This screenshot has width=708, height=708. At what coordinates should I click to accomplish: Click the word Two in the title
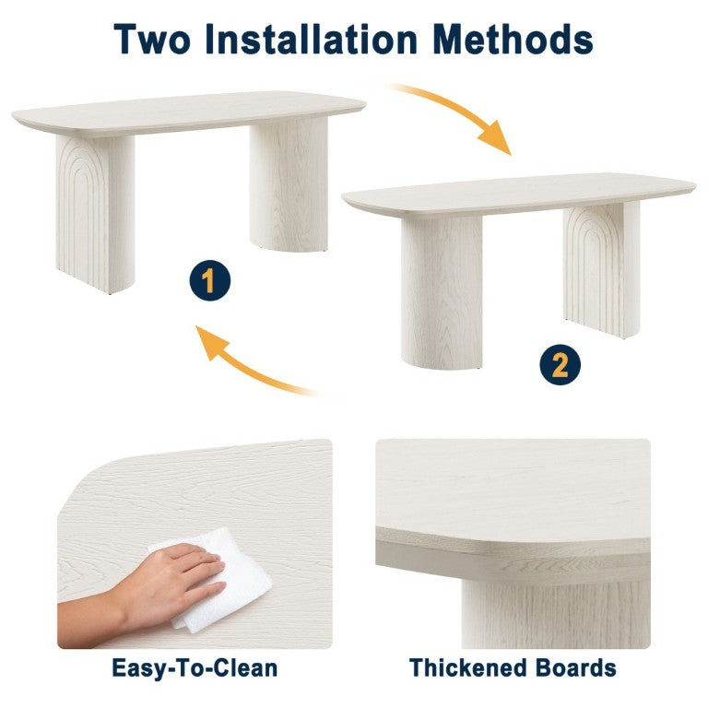click(x=152, y=40)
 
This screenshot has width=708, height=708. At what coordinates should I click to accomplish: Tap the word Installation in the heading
click(x=311, y=39)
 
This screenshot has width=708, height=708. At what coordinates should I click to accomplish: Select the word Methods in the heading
click(x=513, y=39)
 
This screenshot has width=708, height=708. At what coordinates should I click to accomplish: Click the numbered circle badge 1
click(x=210, y=280)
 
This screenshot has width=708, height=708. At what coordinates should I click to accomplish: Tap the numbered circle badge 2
click(x=560, y=365)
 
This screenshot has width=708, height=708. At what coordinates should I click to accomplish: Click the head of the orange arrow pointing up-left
click(x=211, y=342)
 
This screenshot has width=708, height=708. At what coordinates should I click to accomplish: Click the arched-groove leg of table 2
click(x=602, y=269)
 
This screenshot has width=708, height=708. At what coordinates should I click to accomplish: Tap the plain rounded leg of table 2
click(x=442, y=292)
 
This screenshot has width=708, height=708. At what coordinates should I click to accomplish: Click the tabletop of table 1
click(x=189, y=112)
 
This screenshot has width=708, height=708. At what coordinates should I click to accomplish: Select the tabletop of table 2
click(x=518, y=195)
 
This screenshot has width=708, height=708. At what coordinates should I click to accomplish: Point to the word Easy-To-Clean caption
click(x=195, y=668)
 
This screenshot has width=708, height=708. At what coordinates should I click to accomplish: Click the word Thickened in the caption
click(x=468, y=667)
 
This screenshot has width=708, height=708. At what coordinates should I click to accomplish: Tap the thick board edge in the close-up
click(x=513, y=556)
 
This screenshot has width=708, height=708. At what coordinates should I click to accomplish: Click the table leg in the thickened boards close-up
click(x=556, y=615)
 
